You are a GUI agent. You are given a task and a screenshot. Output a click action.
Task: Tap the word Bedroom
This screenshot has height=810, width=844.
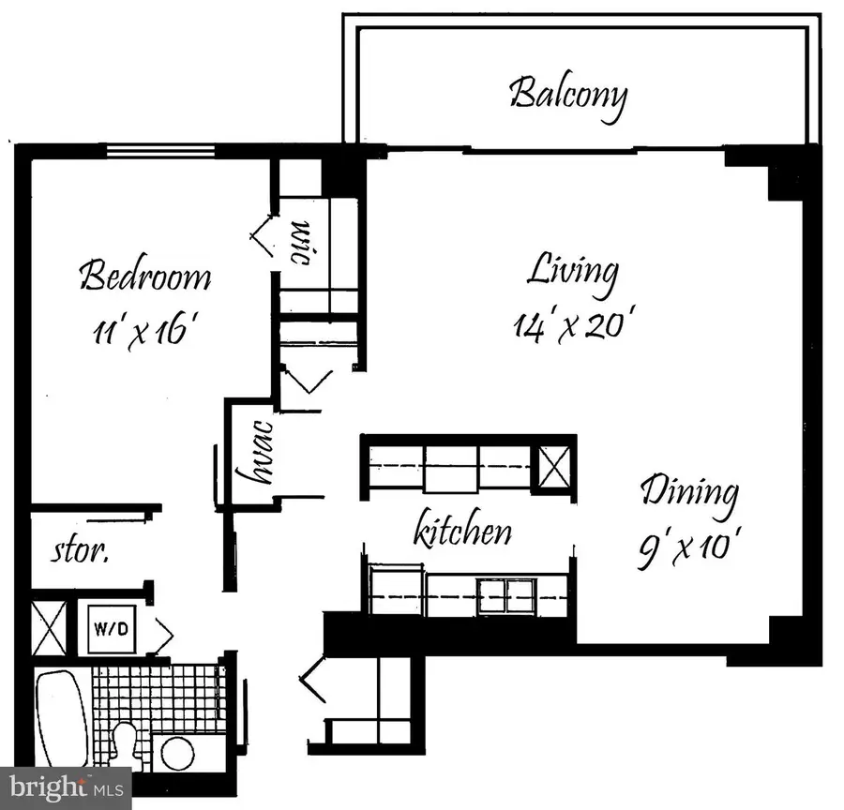coord(144,277)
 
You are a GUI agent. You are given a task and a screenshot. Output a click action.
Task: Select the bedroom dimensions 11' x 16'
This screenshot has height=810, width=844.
coord(144,331)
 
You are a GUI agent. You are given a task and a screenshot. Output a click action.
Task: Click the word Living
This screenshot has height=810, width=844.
coord(572,272)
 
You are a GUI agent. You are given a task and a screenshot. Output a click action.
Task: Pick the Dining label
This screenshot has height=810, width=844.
coord(689,491)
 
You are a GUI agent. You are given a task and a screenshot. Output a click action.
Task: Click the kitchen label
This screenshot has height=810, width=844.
coord(463,532)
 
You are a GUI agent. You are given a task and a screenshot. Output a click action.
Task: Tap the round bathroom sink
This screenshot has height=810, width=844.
coord(174,752)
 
